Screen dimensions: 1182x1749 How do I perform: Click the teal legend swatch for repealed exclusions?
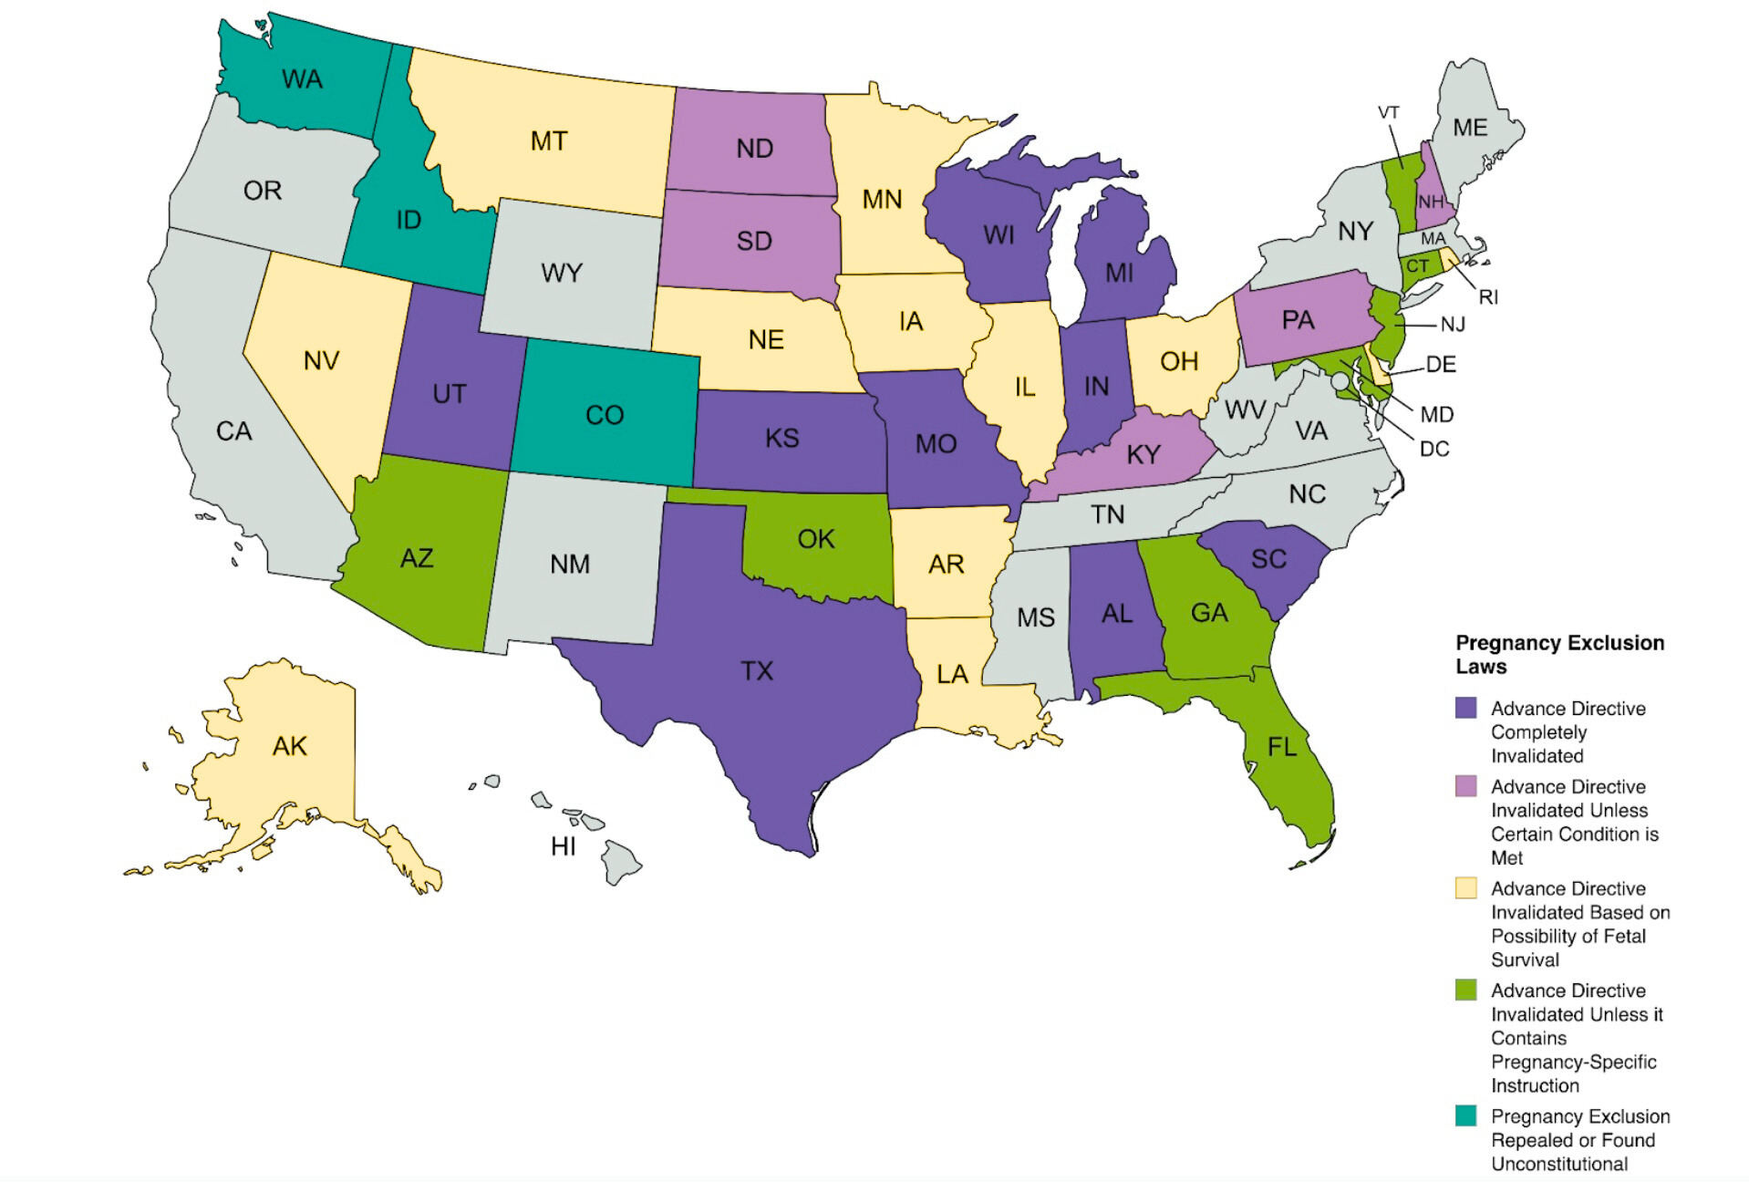pos(1465,1115)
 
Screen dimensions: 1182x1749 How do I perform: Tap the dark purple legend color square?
pos(1465,708)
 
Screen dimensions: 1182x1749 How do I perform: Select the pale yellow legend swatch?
pos(1465,888)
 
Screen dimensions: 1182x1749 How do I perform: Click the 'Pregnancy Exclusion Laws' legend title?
pos(1558,654)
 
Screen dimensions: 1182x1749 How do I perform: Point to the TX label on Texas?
pos(757,671)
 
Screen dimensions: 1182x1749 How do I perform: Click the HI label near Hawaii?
pos(563,846)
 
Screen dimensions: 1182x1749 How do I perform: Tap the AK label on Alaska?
pos(289,746)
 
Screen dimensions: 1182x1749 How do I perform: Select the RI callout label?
pos(1488,296)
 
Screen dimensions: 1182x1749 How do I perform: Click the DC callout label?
pos(1433,449)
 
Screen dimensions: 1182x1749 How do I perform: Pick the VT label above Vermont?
pos(1388,112)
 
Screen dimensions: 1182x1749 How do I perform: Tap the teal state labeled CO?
pos(604,415)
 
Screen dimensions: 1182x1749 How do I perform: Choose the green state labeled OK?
pos(815,539)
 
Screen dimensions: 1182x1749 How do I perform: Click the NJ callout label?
pos(1453,324)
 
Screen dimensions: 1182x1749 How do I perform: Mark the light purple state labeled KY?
pos(1143,454)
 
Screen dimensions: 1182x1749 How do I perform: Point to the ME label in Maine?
pos(1469,128)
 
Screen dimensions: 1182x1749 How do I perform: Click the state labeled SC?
pos(1268,558)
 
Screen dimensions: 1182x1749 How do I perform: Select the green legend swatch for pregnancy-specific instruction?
pos(1465,990)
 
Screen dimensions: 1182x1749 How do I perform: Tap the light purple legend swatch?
pos(1465,786)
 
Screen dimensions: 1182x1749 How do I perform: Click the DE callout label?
pos(1441,365)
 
